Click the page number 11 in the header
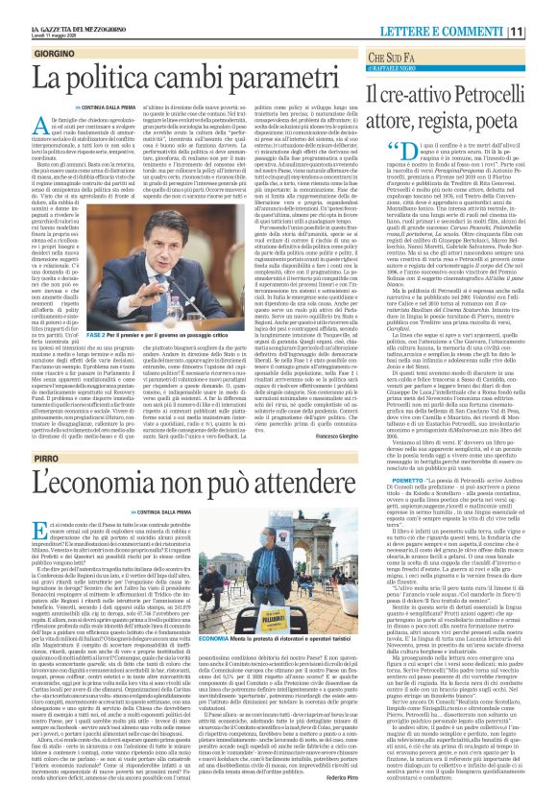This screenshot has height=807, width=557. coord(542,12)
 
